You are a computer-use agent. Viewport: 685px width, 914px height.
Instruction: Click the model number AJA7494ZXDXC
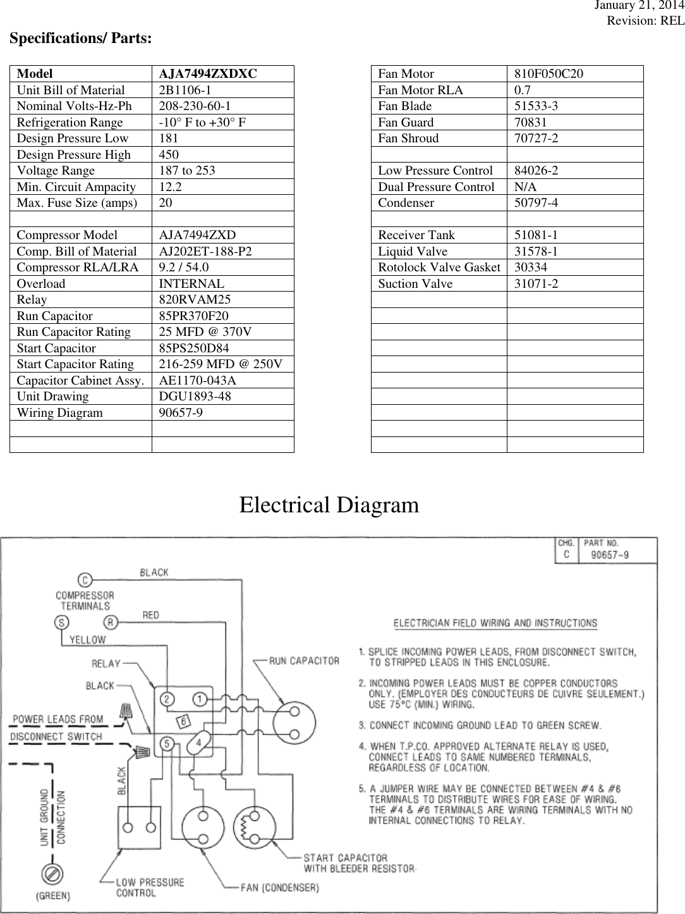pyautogui.click(x=208, y=74)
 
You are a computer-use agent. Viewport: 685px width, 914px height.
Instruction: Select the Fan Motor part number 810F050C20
pyautogui.click(x=549, y=74)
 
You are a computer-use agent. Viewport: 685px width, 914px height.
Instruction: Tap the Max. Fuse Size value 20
pyautogui.click(x=164, y=203)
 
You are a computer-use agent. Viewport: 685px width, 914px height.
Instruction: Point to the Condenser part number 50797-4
pyautogui.click(x=536, y=203)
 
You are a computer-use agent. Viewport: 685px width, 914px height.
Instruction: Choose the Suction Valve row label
pyautogui.click(x=415, y=284)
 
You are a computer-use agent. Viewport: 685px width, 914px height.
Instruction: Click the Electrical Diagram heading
pyautogui.click(x=329, y=505)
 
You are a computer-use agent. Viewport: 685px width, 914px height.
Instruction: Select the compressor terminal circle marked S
pyautogui.click(x=62, y=622)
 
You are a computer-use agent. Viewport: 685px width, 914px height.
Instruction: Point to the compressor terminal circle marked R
pyautogui.click(x=110, y=622)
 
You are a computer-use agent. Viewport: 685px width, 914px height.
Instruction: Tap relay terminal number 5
pyautogui.click(x=167, y=744)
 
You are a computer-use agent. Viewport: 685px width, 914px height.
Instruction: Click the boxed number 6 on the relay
pyautogui.click(x=183, y=722)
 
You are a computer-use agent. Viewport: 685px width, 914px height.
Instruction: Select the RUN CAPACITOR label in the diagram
pyautogui.click(x=304, y=661)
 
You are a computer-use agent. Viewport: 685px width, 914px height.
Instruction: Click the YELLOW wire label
pyautogui.click(x=87, y=639)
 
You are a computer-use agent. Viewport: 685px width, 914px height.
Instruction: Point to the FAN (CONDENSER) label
pyautogui.click(x=279, y=887)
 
